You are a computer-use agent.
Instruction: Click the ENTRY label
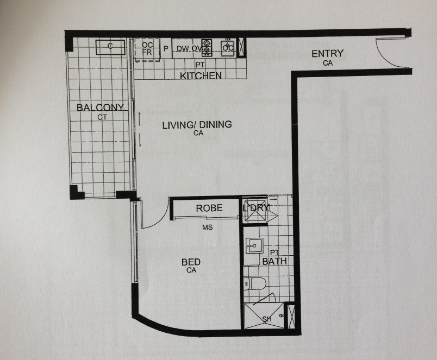coord(327,53)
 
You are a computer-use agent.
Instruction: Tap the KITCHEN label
coord(201,75)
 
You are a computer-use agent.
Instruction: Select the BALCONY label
coord(100,108)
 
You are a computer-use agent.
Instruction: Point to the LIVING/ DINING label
coord(197,124)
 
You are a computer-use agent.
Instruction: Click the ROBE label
coord(209,208)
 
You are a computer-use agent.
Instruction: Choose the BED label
coord(191,262)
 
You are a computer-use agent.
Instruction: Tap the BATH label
coord(274,261)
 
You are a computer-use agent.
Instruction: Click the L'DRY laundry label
coord(256,208)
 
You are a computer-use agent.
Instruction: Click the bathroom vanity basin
coord(254,245)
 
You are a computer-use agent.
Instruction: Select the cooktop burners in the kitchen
coord(207,47)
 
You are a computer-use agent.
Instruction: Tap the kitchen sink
coord(228,48)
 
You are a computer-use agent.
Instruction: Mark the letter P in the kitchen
coord(166,49)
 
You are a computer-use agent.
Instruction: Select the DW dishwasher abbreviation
coord(183,49)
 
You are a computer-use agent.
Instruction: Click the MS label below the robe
coord(207,228)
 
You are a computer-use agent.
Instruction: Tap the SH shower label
coord(267,319)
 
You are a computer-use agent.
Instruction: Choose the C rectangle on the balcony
coord(110,47)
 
